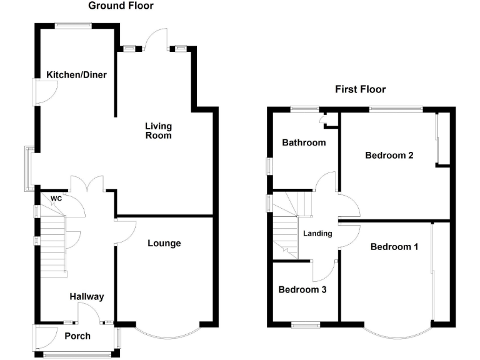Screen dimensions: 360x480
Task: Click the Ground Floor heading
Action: pyautogui.click(x=121, y=6)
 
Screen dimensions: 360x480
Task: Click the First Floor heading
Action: pyautogui.click(x=360, y=89)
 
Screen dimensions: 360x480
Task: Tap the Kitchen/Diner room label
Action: pyautogui.click(x=76, y=75)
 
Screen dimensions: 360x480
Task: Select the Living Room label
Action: pyautogui.click(x=158, y=131)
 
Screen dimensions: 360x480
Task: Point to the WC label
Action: pyautogui.click(x=56, y=199)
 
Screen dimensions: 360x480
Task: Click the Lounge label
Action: pyautogui.click(x=164, y=243)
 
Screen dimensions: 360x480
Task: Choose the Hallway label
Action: pyautogui.click(x=86, y=297)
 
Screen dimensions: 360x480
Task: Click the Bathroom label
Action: pyautogui.click(x=304, y=142)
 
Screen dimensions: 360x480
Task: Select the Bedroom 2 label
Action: pyautogui.click(x=389, y=156)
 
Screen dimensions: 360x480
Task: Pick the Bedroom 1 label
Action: pyautogui.click(x=394, y=247)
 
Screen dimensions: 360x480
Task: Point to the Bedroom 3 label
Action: pyautogui.click(x=302, y=290)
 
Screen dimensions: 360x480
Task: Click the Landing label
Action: pyautogui.click(x=317, y=234)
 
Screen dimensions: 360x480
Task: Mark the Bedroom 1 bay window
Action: pyautogui.click(x=397, y=334)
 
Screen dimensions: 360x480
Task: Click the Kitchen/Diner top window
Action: pyautogui.click(x=72, y=25)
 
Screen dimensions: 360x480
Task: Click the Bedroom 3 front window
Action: pyautogui.click(x=305, y=324)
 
